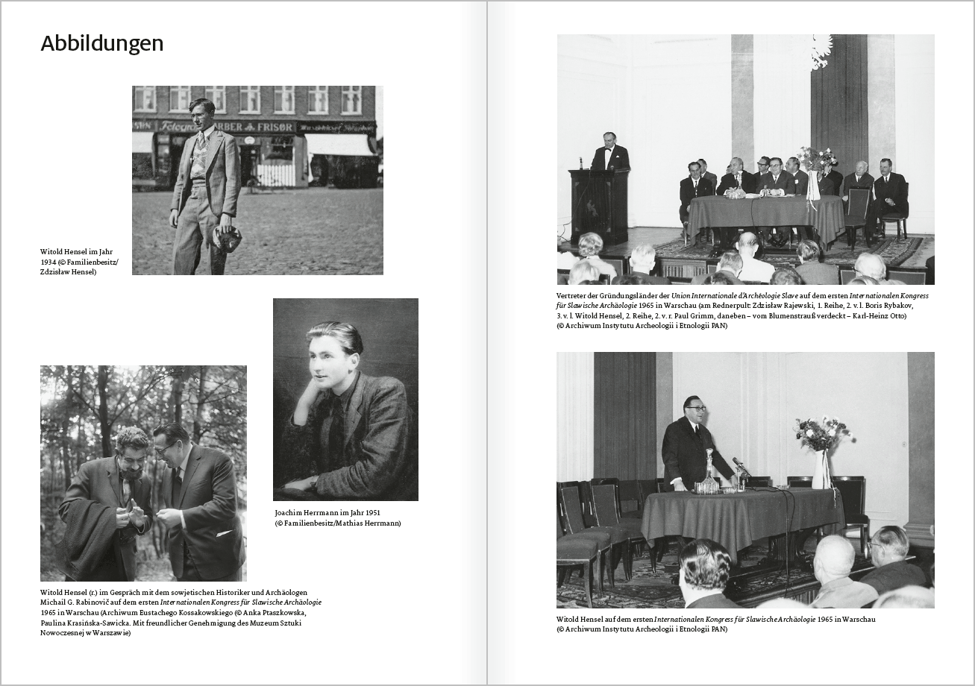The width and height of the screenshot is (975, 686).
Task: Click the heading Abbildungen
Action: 102,44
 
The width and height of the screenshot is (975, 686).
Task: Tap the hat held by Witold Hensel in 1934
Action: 227,239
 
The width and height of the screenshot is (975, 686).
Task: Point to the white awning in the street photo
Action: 339,145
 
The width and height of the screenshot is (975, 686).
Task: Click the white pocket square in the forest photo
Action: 224,533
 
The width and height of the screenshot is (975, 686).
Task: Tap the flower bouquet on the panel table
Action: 815,159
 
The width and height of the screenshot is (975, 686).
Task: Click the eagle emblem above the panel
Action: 821,51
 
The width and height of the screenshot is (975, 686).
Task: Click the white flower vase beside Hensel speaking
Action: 821,468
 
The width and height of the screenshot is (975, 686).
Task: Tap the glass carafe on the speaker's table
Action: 706,476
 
